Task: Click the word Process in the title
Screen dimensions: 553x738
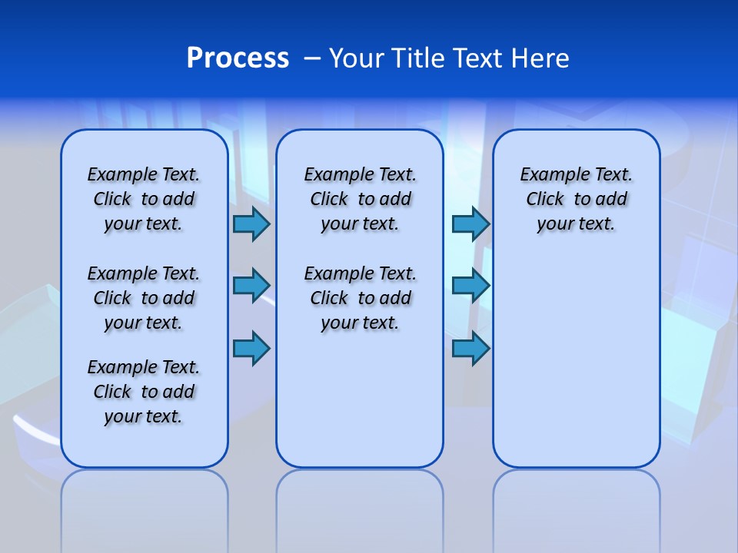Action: (238, 58)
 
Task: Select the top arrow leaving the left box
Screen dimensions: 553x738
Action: (251, 224)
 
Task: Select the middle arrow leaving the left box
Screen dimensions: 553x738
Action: (251, 285)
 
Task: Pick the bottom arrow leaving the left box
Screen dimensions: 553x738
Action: (251, 348)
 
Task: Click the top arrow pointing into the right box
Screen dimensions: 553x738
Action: (470, 224)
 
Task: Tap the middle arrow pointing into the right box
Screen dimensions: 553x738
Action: (470, 285)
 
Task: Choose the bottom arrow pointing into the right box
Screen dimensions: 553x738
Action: (470, 348)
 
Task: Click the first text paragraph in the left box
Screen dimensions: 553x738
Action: (144, 199)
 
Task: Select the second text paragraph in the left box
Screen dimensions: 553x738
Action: (144, 298)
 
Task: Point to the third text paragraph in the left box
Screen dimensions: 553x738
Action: (144, 392)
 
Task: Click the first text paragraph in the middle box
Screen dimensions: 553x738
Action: (360, 199)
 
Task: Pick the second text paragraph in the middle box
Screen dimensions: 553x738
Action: (360, 298)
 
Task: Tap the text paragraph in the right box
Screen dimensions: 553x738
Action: (577, 199)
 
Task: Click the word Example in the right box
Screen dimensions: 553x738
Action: (550, 175)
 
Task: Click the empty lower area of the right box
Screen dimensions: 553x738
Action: (577, 369)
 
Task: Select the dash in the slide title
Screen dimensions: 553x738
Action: (312, 58)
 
